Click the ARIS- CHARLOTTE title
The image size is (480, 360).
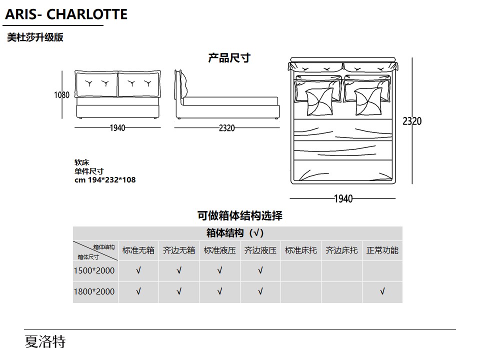coord(66,14)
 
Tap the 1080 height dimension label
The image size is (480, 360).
coord(62,95)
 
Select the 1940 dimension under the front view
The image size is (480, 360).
coord(117,128)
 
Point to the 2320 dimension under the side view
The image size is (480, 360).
coord(227,128)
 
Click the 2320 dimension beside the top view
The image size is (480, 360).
coord(412,121)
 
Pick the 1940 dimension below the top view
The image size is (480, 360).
coord(343,198)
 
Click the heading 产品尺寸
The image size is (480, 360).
coord(229,58)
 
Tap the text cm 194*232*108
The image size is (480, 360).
coord(105,179)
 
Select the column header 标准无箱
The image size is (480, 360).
coord(138,250)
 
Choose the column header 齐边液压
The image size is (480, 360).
coord(260,250)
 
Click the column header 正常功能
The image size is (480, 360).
coord(382,250)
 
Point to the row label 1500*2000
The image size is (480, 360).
coord(94,270)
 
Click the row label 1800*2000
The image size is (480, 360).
coord(94,291)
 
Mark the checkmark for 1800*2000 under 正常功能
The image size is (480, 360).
coord(382,291)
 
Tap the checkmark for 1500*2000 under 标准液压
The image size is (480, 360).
coord(220,270)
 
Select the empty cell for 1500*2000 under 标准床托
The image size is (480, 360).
coord(301,271)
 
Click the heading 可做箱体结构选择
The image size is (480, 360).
coord(239,216)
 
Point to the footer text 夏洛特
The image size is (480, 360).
coord(45,341)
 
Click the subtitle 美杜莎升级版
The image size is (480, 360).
coord(35,37)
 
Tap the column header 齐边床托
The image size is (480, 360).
coord(341,250)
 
